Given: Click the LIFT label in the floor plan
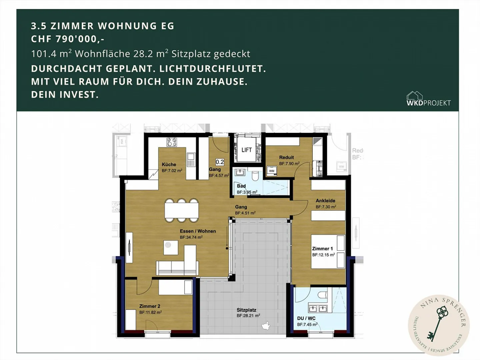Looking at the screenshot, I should (x=246, y=150).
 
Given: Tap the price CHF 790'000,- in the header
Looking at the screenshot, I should (x=68, y=39).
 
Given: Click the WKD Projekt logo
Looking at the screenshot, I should (x=428, y=99).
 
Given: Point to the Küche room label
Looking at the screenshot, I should (x=169, y=164).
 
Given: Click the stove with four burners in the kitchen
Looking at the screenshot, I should (x=172, y=142).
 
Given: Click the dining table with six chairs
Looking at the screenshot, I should (x=181, y=210).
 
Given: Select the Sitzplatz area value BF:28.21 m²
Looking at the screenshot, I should (x=248, y=316).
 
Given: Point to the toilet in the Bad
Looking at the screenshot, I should (x=255, y=175).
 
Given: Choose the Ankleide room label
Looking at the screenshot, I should (x=325, y=200).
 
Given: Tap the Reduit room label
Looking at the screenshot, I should (x=286, y=157).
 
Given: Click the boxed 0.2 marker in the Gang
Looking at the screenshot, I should (x=220, y=162).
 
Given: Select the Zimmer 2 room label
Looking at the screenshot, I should (x=150, y=306).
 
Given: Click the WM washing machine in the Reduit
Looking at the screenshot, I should (x=272, y=171).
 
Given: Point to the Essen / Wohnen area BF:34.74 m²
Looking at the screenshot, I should (x=191, y=237).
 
